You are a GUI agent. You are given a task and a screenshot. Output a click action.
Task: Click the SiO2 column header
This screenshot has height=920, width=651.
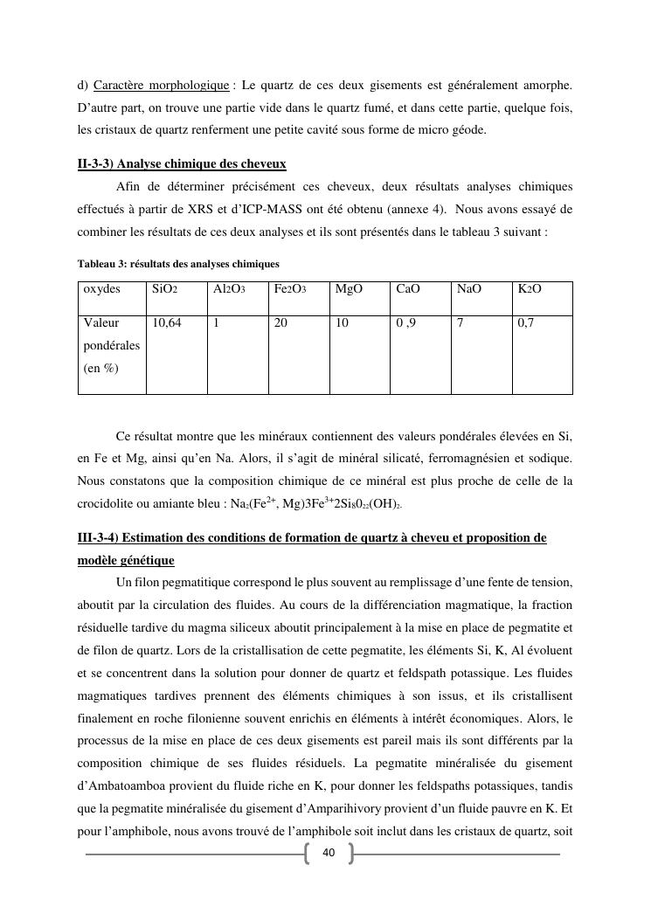[165, 288]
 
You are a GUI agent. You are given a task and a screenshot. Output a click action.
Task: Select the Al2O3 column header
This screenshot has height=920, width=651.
[228, 288]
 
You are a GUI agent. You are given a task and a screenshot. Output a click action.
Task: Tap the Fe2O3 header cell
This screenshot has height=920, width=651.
[289, 288]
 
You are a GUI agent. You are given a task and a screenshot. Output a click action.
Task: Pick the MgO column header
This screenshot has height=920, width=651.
[349, 288]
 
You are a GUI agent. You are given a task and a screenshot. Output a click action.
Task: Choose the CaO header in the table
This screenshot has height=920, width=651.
[408, 288]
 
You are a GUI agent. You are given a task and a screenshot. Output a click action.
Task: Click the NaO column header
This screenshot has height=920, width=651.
[469, 288]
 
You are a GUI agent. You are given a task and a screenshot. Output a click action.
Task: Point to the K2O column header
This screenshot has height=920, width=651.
[530, 288]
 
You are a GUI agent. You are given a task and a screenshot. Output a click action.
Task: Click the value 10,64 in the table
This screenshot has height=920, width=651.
[167, 323]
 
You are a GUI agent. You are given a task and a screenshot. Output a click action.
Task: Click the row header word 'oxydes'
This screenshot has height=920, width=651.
[102, 288]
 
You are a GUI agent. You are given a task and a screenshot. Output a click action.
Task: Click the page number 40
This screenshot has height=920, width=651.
[329, 853]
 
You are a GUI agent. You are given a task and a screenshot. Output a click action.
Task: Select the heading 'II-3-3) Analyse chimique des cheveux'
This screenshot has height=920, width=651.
[182, 163]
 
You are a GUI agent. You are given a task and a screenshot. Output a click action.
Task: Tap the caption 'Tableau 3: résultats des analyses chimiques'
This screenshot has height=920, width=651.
[178, 263]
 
